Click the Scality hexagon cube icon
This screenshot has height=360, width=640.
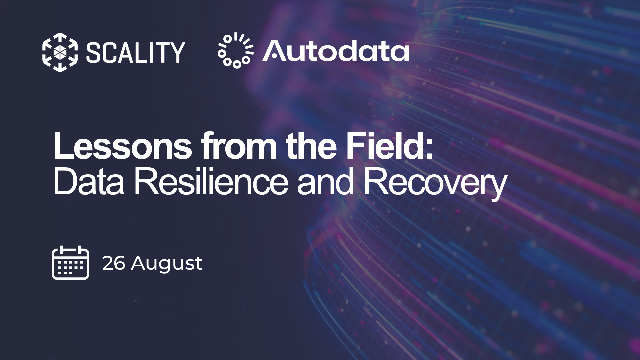pos(60,52)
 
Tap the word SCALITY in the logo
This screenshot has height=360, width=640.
pos(136,52)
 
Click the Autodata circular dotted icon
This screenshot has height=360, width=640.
pos(236,50)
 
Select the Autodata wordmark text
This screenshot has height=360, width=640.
pos(336,51)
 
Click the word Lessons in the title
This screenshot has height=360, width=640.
pos(123,146)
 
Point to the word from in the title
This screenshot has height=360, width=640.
pos(239,146)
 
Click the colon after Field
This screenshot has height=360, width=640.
pos(429,150)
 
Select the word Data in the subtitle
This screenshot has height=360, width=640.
pos(89,182)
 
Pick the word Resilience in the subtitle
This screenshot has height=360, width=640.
pos(211,182)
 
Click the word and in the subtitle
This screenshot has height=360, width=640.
pos(325,182)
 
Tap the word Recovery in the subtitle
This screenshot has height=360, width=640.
pos(435,184)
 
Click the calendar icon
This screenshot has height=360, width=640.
pos(71,263)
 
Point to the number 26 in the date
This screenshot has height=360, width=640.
pos(113,263)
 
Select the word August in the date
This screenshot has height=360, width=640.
pos(167,265)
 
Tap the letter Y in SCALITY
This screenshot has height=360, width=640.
pos(176,53)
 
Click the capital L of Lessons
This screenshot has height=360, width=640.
pos(62,146)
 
